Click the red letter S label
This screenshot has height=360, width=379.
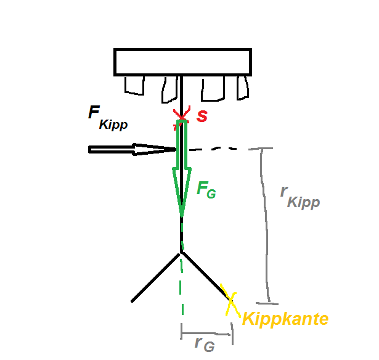pos(202,117)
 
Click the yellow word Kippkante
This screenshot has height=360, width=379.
pos(285,319)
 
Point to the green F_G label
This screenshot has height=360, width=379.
pos(206,190)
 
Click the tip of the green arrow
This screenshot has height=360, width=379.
pos(182,216)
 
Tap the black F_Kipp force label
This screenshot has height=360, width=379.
pos(108,118)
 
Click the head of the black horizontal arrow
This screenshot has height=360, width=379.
pos(176,149)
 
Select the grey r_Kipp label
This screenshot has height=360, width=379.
pos(300,198)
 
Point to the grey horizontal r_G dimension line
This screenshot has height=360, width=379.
pos(206,334)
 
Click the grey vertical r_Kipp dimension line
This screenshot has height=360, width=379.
pos(265,225)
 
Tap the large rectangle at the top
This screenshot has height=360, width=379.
pos(183,62)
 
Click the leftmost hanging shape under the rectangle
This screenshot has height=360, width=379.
pos(134,85)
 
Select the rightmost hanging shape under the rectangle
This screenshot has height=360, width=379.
pos(243,88)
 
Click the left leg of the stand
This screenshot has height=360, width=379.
pos(156,277)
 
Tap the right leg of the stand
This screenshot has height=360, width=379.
pos(206,277)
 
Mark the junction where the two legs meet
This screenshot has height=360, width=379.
pos(181,253)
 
